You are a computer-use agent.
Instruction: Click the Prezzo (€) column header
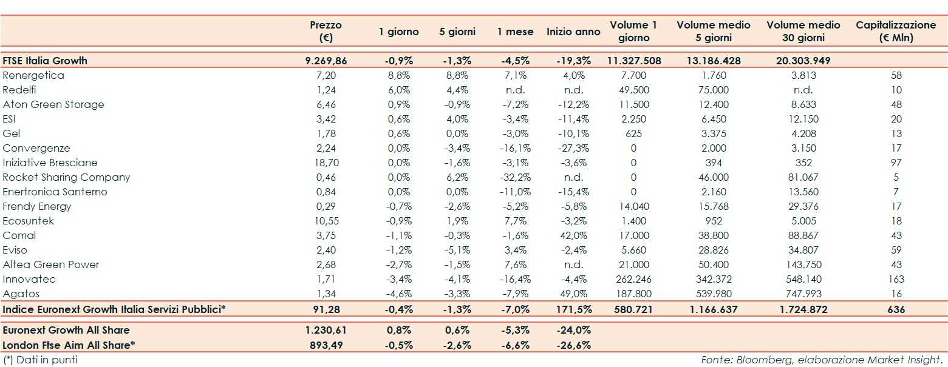tap(326, 31)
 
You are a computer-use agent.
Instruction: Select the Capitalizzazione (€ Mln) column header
tap(896, 31)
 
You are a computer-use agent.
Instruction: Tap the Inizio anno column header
tap(573, 32)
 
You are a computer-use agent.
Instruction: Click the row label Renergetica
tap(33, 75)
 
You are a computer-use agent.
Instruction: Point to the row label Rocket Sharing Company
tap(66, 177)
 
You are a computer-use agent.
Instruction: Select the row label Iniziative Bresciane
tap(50, 163)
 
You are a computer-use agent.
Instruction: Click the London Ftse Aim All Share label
tap(69, 345)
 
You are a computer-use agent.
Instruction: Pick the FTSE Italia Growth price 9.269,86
tap(326, 61)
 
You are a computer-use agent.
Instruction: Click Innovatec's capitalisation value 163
tap(896, 279)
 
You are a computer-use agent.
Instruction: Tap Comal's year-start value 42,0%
tap(573, 235)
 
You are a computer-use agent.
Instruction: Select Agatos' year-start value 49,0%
tap(573, 294)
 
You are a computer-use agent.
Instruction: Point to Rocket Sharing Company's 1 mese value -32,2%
tap(514, 177)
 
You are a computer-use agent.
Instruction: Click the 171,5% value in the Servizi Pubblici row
tap(573, 309)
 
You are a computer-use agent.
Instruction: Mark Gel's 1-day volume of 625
tap(633, 133)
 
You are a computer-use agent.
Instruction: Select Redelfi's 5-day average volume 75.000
tap(714, 90)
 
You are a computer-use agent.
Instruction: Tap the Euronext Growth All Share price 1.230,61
tap(326, 330)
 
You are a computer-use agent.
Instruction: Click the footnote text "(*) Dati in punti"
tap(40, 360)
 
